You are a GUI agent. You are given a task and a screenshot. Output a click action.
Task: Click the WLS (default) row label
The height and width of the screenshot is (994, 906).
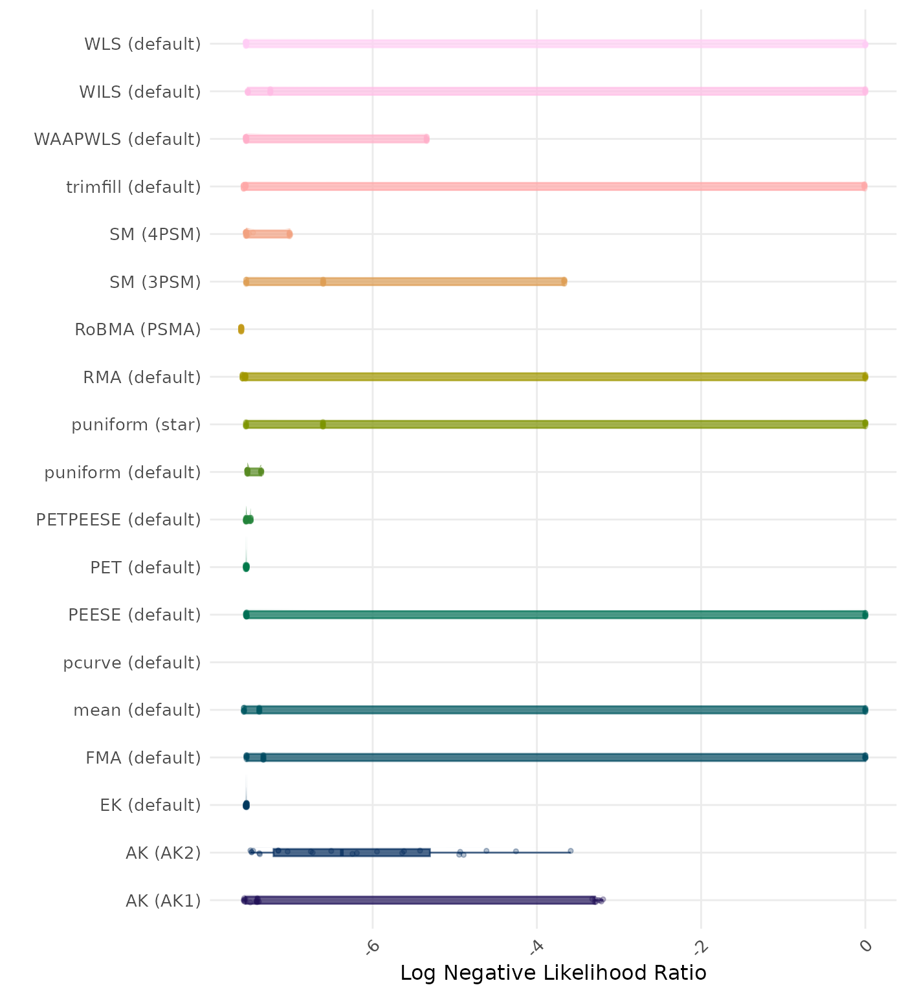(142, 44)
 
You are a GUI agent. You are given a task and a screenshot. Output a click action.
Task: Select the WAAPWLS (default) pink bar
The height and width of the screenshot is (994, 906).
(337, 139)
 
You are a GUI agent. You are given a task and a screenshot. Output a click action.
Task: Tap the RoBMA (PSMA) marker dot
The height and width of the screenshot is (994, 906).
(241, 329)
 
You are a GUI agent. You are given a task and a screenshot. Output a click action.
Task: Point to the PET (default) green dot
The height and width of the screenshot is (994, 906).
(246, 567)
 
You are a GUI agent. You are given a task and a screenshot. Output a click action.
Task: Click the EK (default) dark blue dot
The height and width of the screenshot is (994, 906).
(246, 805)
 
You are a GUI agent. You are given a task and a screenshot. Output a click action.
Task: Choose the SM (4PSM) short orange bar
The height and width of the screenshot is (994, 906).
(268, 234)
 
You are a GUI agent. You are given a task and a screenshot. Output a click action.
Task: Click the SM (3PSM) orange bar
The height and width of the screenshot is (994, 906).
(405, 282)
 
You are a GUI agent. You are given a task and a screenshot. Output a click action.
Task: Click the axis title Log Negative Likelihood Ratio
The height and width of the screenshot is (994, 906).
(553, 973)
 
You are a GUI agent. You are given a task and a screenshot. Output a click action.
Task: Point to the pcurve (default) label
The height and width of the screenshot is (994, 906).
(132, 663)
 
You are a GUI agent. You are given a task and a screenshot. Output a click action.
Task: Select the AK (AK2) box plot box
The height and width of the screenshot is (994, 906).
(351, 852)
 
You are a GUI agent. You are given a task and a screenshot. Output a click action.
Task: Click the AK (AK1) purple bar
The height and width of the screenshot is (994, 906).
(421, 900)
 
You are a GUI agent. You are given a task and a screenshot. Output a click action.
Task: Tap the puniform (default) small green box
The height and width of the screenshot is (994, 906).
(254, 472)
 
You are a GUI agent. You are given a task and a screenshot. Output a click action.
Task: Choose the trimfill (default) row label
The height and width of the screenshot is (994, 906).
(133, 187)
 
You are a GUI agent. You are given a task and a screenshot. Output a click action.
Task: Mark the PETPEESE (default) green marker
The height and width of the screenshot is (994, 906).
(248, 520)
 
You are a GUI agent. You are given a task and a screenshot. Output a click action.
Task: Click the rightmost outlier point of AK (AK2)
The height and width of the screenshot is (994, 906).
(570, 851)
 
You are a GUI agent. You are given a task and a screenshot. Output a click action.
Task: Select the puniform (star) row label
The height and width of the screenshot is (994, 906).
(136, 425)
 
